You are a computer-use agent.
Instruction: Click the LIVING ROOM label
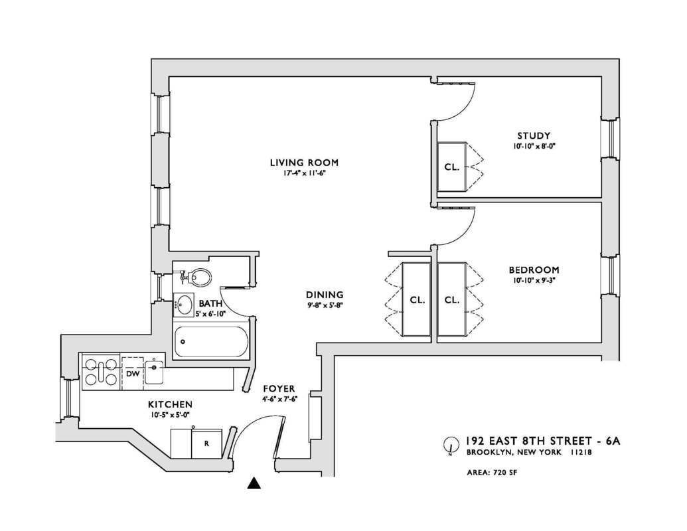pyautogui.click(x=304, y=162)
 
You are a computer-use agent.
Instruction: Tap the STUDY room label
pyautogui.click(x=534, y=136)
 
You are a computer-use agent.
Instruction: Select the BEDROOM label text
pyautogui.click(x=534, y=270)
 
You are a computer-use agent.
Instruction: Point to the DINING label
pyautogui.click(x=324, y=295)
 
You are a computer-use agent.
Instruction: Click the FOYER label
pyautogui.click(x=279, y=388)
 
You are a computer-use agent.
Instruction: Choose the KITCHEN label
pyautogui.click(x=170, y=404)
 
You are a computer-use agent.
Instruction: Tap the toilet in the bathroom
pyautogui.click(x=196, y=275)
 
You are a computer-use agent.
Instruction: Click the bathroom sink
pyautogui.click(x=184, y=305)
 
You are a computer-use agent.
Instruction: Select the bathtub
pyautogui.click(x=211, y=342)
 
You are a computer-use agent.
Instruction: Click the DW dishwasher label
pyautogui.click(x=133, y=374)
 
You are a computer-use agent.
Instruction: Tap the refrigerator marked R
pyautogui.click(x=206, y=443)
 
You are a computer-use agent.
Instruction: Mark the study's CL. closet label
pyautogui.click(x=451, y=167)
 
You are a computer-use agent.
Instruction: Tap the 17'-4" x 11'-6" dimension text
pyautogui.click(x=304, y=173)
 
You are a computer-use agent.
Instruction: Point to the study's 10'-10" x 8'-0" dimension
pyautogui.click(x=534, y=146)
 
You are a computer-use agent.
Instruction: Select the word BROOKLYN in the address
pyautogui.click(x=490, y=453)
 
